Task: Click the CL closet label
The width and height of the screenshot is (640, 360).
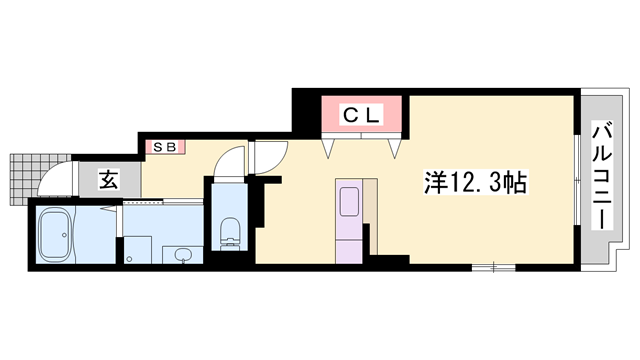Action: pyautogui.click(x=362, y=115)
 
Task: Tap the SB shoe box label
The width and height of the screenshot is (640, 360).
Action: pyautogui.click(x=165, y=147)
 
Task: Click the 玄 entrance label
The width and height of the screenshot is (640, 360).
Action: pyautogui.click(x=109, y=180)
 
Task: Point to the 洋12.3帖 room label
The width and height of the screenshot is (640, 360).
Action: pyautogui.click(x=476, y=182)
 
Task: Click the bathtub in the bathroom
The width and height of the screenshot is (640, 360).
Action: pyautogui.click(x=56, y=234)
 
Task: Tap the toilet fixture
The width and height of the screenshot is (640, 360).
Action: pyautogui.click(x=229, y=233)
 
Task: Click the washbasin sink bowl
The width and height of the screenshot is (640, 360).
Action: pyautogui.click(x=182, y=256)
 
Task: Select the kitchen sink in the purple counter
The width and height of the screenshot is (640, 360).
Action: pyautogui.click(x=350, y=202)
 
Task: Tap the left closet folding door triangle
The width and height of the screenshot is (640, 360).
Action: pyautogui.click(x=328, y=148)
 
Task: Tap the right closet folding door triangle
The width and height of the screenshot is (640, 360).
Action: pyautogui.click(x=395, y=148)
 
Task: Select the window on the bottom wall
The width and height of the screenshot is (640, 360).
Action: pyautogui.click(x=493, y=268)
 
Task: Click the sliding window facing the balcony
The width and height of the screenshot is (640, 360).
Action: pyautogui.click(x=577, y=180)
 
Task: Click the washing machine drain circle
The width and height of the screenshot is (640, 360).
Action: pyautogui.click(x=129, y=258)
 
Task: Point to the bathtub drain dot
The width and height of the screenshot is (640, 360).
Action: pyautogui.click(x=64, y=235)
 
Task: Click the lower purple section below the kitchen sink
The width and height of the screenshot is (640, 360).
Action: pyautogui.click(x=349, y=252)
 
